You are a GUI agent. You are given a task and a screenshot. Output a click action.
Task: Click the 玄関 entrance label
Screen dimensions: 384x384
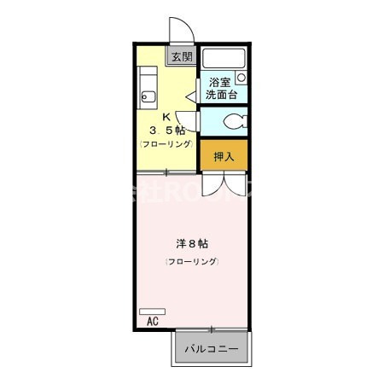(181, 57)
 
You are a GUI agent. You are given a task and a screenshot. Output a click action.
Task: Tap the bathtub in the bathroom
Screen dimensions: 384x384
(224, 59)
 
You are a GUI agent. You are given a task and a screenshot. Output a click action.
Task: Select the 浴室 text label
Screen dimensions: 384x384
(220, 83)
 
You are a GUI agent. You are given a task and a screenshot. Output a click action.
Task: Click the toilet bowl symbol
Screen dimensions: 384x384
(236, 120)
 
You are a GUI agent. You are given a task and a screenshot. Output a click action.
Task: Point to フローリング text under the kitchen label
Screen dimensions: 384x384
(166, 144)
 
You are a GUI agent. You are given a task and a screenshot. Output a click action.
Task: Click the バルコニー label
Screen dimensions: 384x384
(212, 348)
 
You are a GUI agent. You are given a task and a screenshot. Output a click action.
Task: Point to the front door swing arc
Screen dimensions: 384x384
(182, 30)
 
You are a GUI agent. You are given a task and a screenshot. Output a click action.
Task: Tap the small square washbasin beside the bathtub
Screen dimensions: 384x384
(241, 77)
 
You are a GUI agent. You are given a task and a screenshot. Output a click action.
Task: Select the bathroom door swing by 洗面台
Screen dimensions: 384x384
(194, 90)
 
